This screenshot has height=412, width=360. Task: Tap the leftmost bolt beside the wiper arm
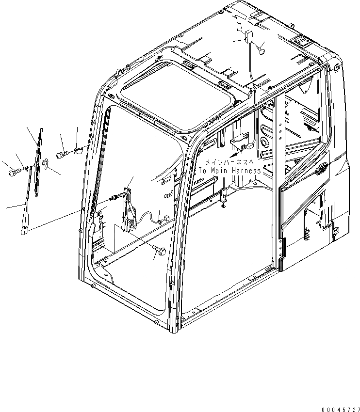13,171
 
